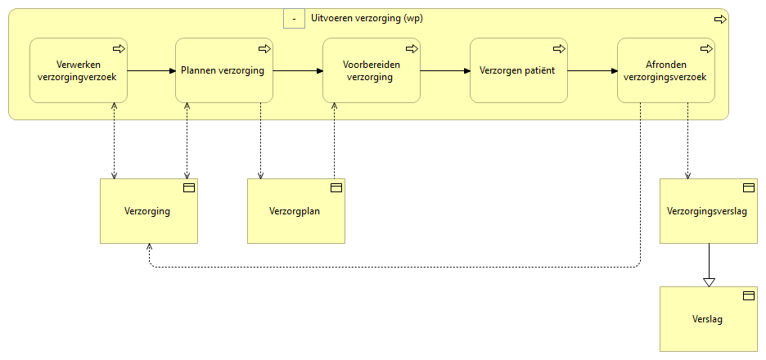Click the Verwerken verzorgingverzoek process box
click(x=78, y=70)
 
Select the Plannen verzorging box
click(x=224, y=70)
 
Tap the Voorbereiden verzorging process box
click(x=372, y=70)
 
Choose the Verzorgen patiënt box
click(x=518, y=70)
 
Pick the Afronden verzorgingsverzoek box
click(x=665, y=70)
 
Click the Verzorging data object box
click(x=149, y=211)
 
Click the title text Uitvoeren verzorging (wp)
click(x=367, y=18)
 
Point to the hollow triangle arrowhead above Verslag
click(x=710, y=281)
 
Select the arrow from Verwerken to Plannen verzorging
click(x=151, y=70)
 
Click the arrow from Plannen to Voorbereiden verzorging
click(x=298, y=70)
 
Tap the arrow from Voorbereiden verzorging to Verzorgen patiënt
click(x=445, y=70)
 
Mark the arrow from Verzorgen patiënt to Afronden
click(x=592, y=70)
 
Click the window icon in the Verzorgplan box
click(x=336, y=188)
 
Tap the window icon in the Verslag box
click(x=748, y=295)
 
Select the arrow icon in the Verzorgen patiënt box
click(x=559, y=49)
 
